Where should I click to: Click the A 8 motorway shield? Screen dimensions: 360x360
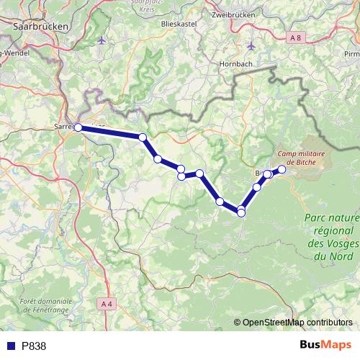[x=293, y=36]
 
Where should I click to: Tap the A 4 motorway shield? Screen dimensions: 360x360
[x=107, y=305]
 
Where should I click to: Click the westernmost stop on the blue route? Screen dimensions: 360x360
[x=78, y=128]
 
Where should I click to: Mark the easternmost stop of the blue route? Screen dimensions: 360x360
[x=282, y=170]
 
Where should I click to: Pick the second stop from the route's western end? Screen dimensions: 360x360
[x=143, y=138]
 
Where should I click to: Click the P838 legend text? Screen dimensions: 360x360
[x=33, y=346]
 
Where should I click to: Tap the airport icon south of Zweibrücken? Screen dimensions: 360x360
[x=251, y=45]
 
